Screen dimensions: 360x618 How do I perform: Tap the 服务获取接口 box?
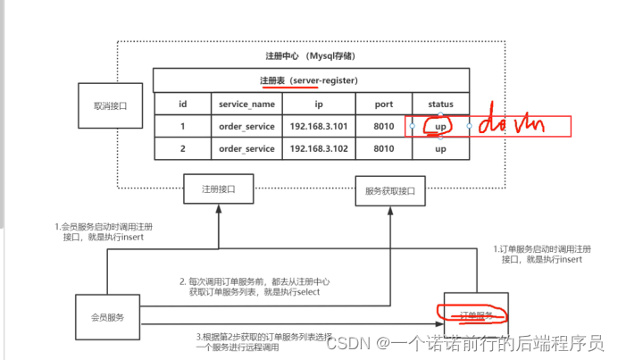(x=389, y=190)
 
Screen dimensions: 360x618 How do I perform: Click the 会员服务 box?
(x=107, y=315)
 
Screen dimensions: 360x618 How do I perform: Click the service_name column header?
(x=246, y=104)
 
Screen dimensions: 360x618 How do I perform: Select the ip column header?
(x=319, y=104)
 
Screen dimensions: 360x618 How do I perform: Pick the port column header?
(x=383, y=104)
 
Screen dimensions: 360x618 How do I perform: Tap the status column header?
(x=440, y=104)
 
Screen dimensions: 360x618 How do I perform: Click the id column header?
(x=182, y=104)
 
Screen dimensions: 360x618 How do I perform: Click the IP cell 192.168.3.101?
(x=319, y=126)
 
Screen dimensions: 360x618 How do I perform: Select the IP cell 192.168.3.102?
(x=319, y=148)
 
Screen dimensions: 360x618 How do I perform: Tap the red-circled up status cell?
(x=440, y=126)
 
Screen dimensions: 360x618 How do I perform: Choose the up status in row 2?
(x=440, y=148)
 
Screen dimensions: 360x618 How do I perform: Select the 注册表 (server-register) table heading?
(x=309, y=80)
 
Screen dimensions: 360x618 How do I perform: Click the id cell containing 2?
(x=182, y=148)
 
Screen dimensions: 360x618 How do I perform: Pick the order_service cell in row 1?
(x=246, y=126)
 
